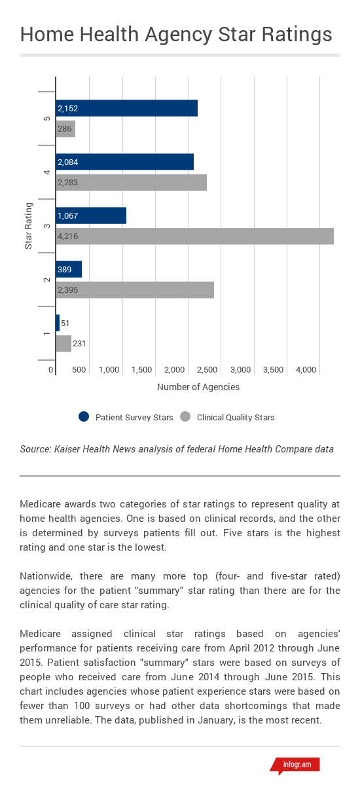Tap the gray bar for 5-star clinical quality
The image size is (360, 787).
[65, 129]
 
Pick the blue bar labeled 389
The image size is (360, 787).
[69, 269]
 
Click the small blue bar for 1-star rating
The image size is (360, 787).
[58, 323]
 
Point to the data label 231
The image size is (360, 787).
[79, 344]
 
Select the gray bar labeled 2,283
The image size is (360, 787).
[131, 183]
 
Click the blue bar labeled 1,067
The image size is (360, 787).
[91, 216]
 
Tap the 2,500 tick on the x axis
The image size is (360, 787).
[207, 370]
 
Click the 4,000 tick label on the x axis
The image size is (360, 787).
[306, 370]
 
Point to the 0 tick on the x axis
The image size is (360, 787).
[51, 370]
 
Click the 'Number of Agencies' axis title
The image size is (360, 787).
[198, 387]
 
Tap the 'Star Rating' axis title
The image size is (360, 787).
[28, 226]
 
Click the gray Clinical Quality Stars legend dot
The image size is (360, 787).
[185, 417]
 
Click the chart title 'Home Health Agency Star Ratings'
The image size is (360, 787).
[176, 35]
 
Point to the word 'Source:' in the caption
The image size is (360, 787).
[37, 449]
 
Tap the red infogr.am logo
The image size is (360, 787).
[296, 764]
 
